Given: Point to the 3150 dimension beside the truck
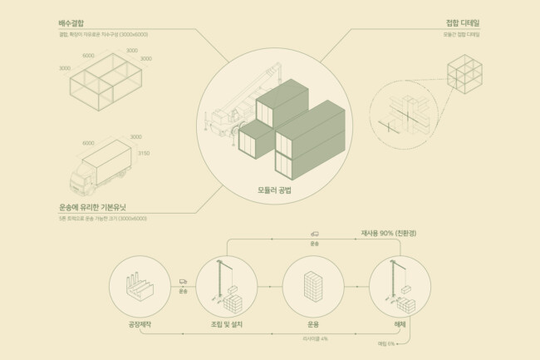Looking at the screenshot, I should (x=143, y=153).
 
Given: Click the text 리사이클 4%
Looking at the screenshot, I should (x=314, y=338).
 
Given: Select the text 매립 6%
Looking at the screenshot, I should (x=385, y=343).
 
